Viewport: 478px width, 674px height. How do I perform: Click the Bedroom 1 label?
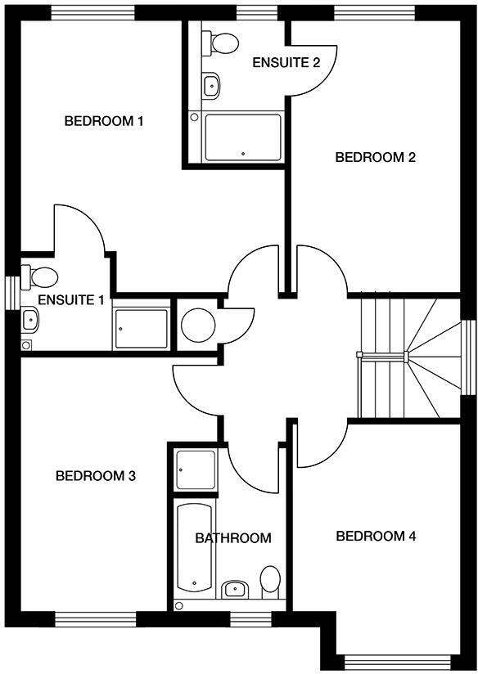(104, 122)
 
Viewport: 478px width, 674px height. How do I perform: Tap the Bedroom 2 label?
(376, 157)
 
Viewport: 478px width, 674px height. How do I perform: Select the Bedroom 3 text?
(95, 475)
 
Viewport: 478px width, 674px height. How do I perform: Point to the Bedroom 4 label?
(377, 537)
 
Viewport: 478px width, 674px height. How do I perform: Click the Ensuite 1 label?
(71, 300)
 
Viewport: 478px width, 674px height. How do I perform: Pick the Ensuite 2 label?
(286, 63)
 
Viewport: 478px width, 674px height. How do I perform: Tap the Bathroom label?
(232, 538)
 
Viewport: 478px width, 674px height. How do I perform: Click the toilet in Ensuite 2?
(221, 41)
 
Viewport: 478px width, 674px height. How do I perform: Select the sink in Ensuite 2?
(212, 83)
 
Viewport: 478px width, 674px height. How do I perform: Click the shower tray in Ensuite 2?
(242, 137)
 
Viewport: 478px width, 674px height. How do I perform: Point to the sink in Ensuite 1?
(29, 320)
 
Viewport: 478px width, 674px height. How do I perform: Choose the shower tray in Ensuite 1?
(141, 328)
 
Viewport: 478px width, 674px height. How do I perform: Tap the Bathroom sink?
(236, 588)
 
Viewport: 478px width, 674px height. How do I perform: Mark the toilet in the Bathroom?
(269, 579)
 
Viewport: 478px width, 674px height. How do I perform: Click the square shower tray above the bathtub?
(196, 470)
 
